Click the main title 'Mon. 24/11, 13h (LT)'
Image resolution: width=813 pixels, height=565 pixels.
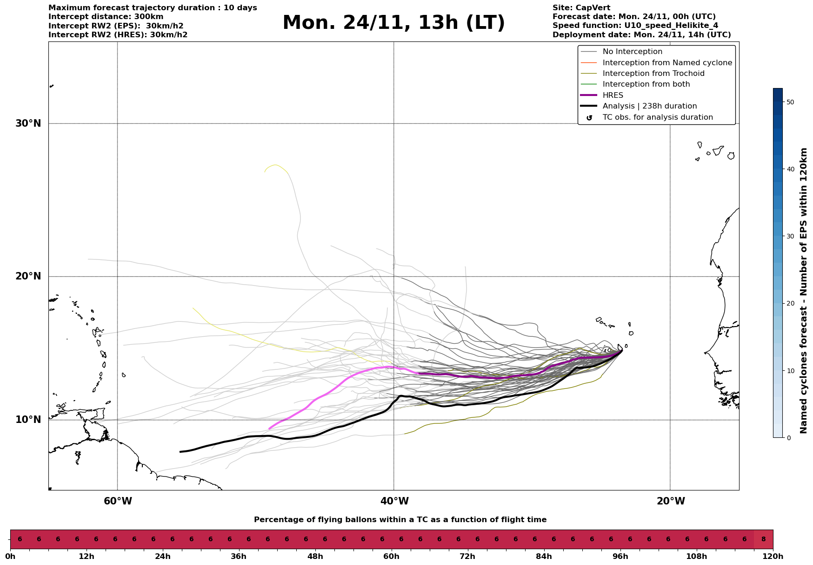click(x=393, y=23)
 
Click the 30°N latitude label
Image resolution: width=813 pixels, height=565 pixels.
click(x=28, y=123)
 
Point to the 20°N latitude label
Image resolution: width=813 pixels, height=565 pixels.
click(x=28, y=276)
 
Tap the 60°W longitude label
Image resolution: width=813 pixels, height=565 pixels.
click(x=118, y=501)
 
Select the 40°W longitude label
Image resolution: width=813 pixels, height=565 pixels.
click(x=394, y=501)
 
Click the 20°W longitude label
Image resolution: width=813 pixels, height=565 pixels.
click(x=670, y=501)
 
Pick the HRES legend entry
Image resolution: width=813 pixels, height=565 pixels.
click(x=613, y=95)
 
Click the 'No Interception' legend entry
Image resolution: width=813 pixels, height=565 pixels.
click(x=632, y=52)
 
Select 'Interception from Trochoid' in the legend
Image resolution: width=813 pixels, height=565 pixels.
click(x=653, y=74)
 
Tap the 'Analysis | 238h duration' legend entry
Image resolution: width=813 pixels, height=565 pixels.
click(x=649, y=106)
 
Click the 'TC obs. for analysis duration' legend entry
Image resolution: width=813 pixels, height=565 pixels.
click(x=657, y=117)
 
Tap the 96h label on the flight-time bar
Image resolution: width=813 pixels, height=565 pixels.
click(x=620, y=557)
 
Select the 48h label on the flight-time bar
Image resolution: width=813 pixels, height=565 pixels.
click(x=315, y=557)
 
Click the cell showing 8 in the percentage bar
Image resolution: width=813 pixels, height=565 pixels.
click(x=763, y=539)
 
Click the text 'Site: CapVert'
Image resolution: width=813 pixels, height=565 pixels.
click(x=581, y=8)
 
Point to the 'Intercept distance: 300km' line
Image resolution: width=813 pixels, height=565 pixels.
click(x=106, y=17)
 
